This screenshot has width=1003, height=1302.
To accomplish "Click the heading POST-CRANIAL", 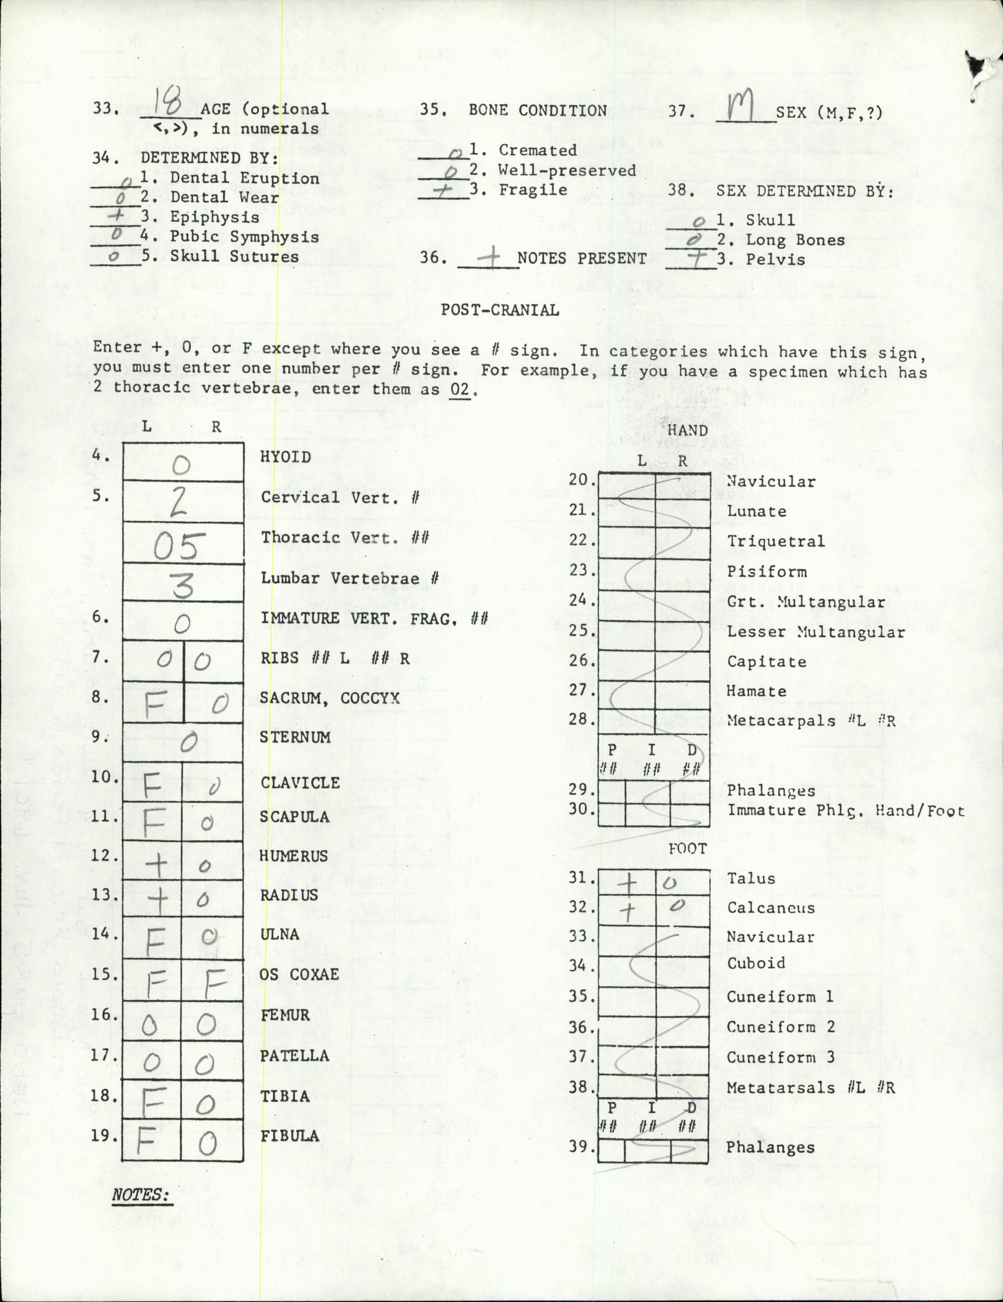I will [500, 310].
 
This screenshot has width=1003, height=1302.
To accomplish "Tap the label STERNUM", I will [295, 738].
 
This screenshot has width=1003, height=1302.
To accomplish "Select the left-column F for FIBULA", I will [146, 1141].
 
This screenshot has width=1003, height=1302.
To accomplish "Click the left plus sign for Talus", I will [627, 884].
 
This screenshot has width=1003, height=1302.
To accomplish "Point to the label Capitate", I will [766, 662].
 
